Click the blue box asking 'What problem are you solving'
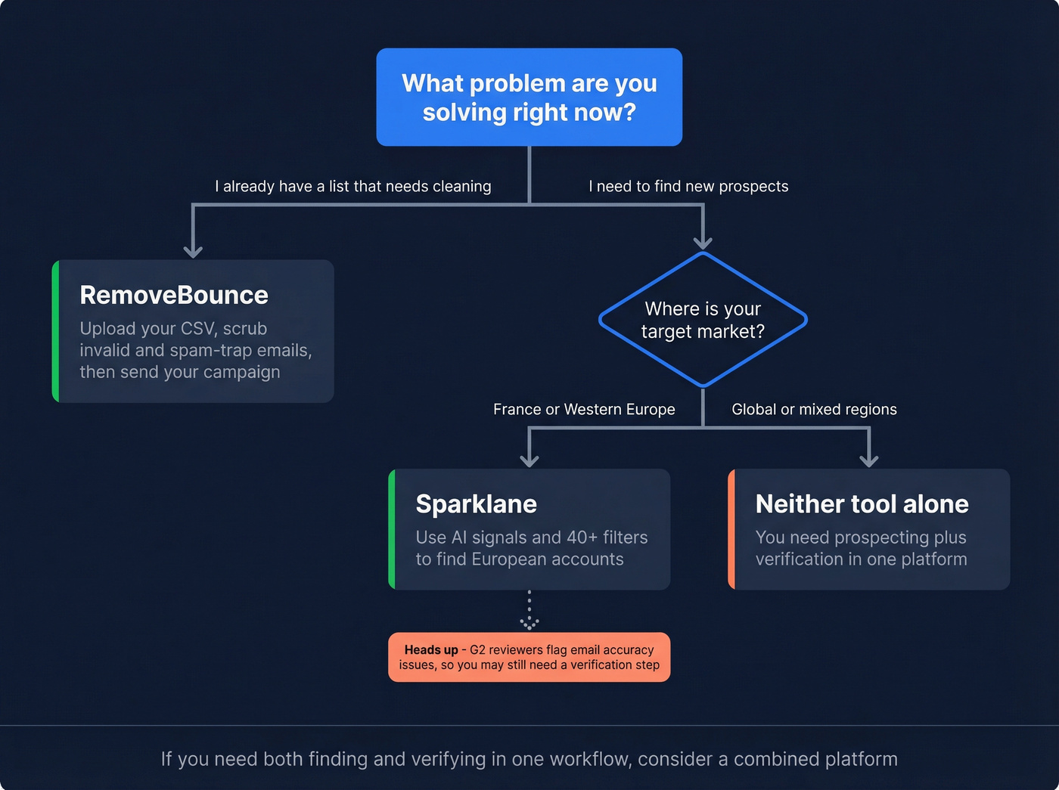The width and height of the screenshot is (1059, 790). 529,97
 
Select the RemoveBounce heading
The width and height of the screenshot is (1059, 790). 174,295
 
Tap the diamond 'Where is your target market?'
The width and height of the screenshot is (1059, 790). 703,320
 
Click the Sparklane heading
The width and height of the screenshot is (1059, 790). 476,503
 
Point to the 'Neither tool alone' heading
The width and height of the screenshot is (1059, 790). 862,503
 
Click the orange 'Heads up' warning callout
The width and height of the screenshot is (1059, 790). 529,657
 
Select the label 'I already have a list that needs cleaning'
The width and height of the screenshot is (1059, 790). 352,186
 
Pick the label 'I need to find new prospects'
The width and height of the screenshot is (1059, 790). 688,186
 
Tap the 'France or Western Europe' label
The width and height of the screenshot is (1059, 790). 584,409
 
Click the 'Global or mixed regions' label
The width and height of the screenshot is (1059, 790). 814,409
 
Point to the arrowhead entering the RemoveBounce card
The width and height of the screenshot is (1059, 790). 193,250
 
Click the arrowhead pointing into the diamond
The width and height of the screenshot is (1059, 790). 703,241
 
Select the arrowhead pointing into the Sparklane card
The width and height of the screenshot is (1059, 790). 529,459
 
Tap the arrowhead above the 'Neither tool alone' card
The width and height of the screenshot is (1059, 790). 869,459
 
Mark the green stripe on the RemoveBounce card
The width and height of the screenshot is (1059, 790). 56,331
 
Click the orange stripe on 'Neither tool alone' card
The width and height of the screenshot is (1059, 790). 731,529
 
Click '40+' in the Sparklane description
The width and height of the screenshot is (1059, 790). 582,538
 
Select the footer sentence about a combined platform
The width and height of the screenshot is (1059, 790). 529,759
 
